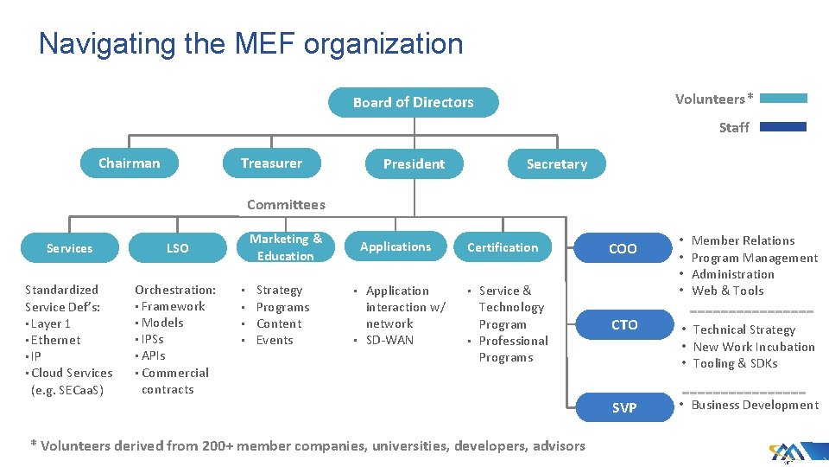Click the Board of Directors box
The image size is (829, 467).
click(413, 102)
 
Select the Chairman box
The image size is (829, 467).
click(129, 163)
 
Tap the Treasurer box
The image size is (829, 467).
click(271, 163)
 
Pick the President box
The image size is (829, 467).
click(414, 163)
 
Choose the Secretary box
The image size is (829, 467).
click(556, 163)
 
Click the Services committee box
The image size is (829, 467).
click(69, 248)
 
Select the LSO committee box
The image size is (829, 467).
click(177, 248)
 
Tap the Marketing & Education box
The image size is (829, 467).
click(285, 247)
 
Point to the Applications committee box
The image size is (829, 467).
click(396, 246)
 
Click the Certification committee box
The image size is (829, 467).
click(503, 247)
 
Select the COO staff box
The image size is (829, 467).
click(623, 249)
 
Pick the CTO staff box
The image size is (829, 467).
click(624, 325)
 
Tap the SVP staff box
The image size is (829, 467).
click(624, 407)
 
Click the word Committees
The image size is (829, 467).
click(286, 205)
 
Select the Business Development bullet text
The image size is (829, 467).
click(755, 405)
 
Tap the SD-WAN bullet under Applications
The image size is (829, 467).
click(389, 340)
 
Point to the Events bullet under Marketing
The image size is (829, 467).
click(275, 340)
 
